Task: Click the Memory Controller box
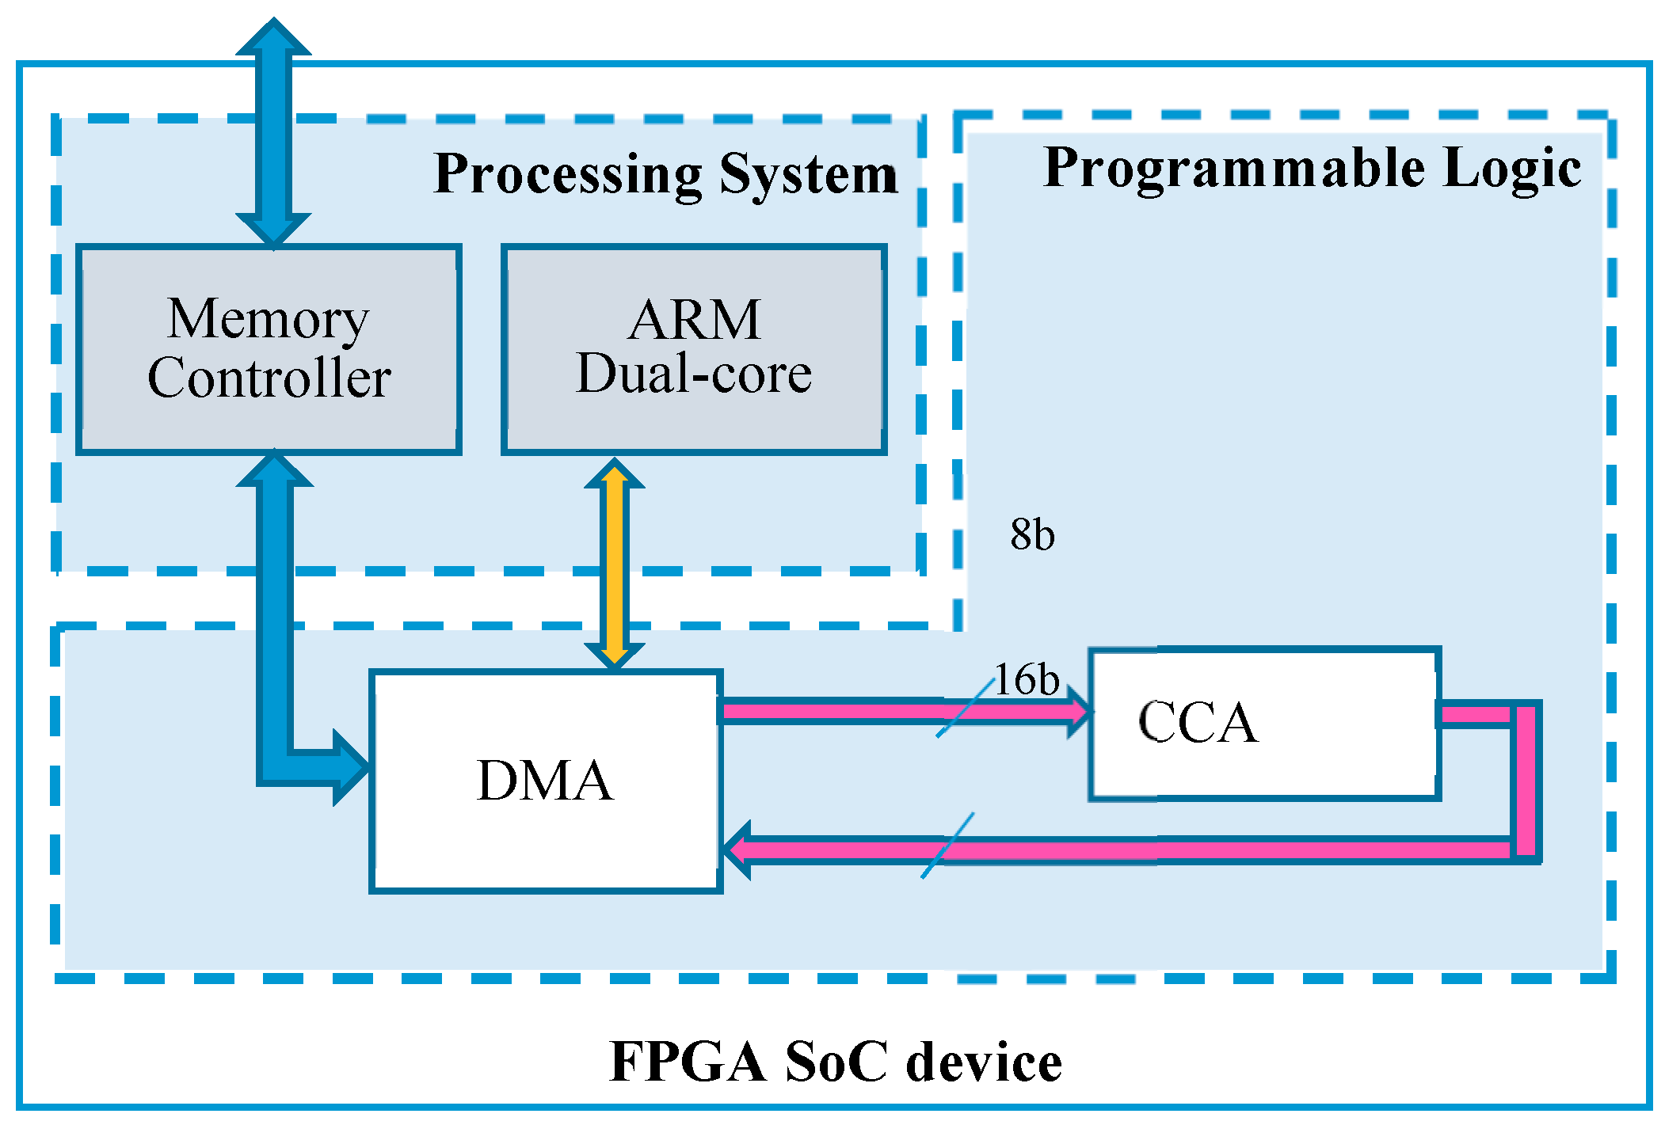[x=269, y=349]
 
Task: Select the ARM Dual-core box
[x=694, y=349]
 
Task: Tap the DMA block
[x=545, y=781]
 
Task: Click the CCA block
[x=1264, y=724]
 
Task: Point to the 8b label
[x=1032, y=534]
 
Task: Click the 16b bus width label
[x=1027, y=679]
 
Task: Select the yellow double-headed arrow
[x=614, y=564]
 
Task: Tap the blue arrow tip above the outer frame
[x=273, y=35]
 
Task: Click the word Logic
[x=1511, y=169]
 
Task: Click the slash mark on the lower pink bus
[x=947, y=846]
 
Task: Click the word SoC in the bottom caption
[x=836, y=1062]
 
